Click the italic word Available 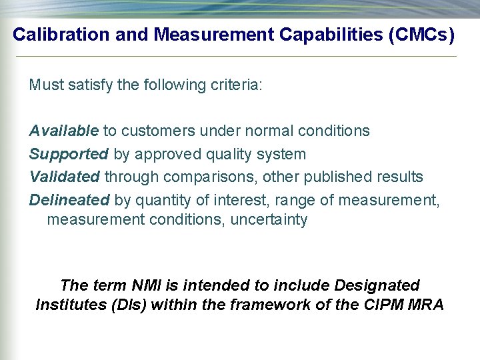pos(64,131)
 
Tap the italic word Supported pos(69,154)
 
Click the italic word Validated pos(65,177)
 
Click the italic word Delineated pos(69,199)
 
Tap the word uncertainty pos(269,220)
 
